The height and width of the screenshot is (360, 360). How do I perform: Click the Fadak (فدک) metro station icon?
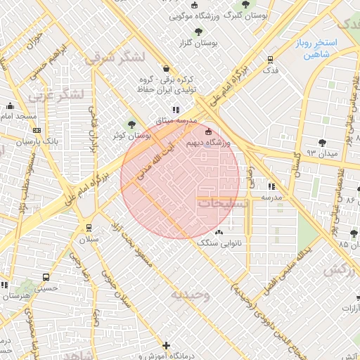point(271,60)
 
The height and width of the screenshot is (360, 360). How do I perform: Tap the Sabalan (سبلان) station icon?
point(89,227)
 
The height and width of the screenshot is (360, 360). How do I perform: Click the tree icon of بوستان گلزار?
point(199,32)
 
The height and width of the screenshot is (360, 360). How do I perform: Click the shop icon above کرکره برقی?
point(166,68)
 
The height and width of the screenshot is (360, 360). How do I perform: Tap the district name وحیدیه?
point(191,294)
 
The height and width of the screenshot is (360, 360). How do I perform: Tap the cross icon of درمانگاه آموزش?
point(166,345)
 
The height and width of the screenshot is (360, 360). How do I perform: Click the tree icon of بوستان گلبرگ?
point(245,4)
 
